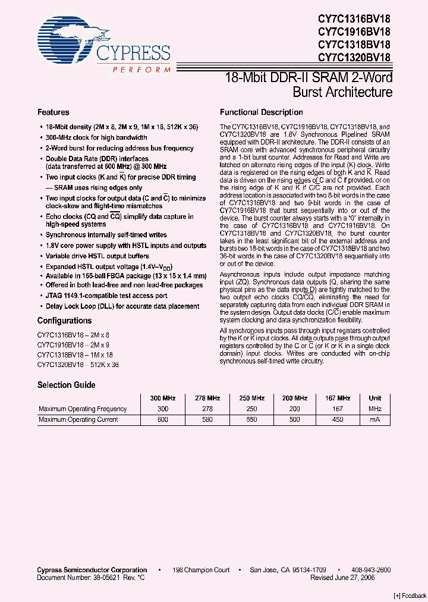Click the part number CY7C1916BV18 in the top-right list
[x=354, y=32]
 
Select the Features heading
[x=53, y=112]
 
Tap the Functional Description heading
[x=261, y=112]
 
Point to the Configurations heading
[x=65, y=321]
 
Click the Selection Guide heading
[x=66, y=385]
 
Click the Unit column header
[x=374, y=398]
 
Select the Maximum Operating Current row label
[x=78, y=419]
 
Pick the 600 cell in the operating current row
[x=163, y=419]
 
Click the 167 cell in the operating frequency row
[x=338, y=409]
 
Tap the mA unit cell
[x=374, y=419]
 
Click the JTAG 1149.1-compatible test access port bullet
[x=106, y=296]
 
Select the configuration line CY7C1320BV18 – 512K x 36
[x=77, y=365]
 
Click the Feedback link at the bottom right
[x=410, y=595]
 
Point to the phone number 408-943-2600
[x=367, y=570]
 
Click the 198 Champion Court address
[x=201, y=570]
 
